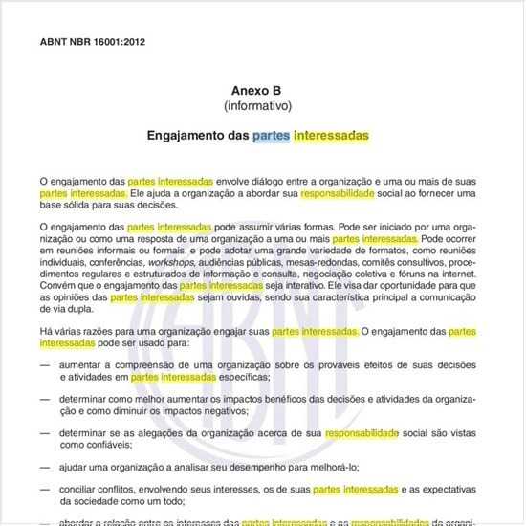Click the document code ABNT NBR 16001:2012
coord(93,42)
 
